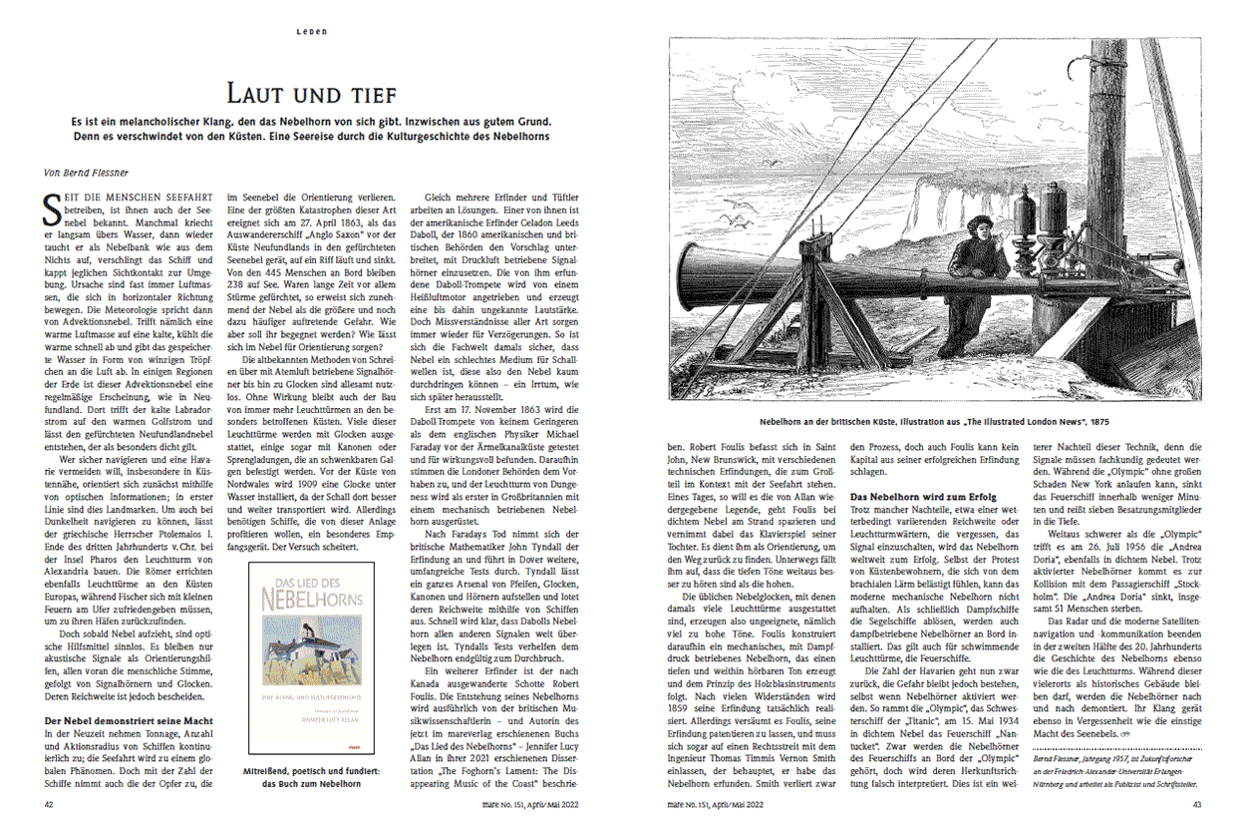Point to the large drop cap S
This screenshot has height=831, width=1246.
[x=51, y=206]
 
